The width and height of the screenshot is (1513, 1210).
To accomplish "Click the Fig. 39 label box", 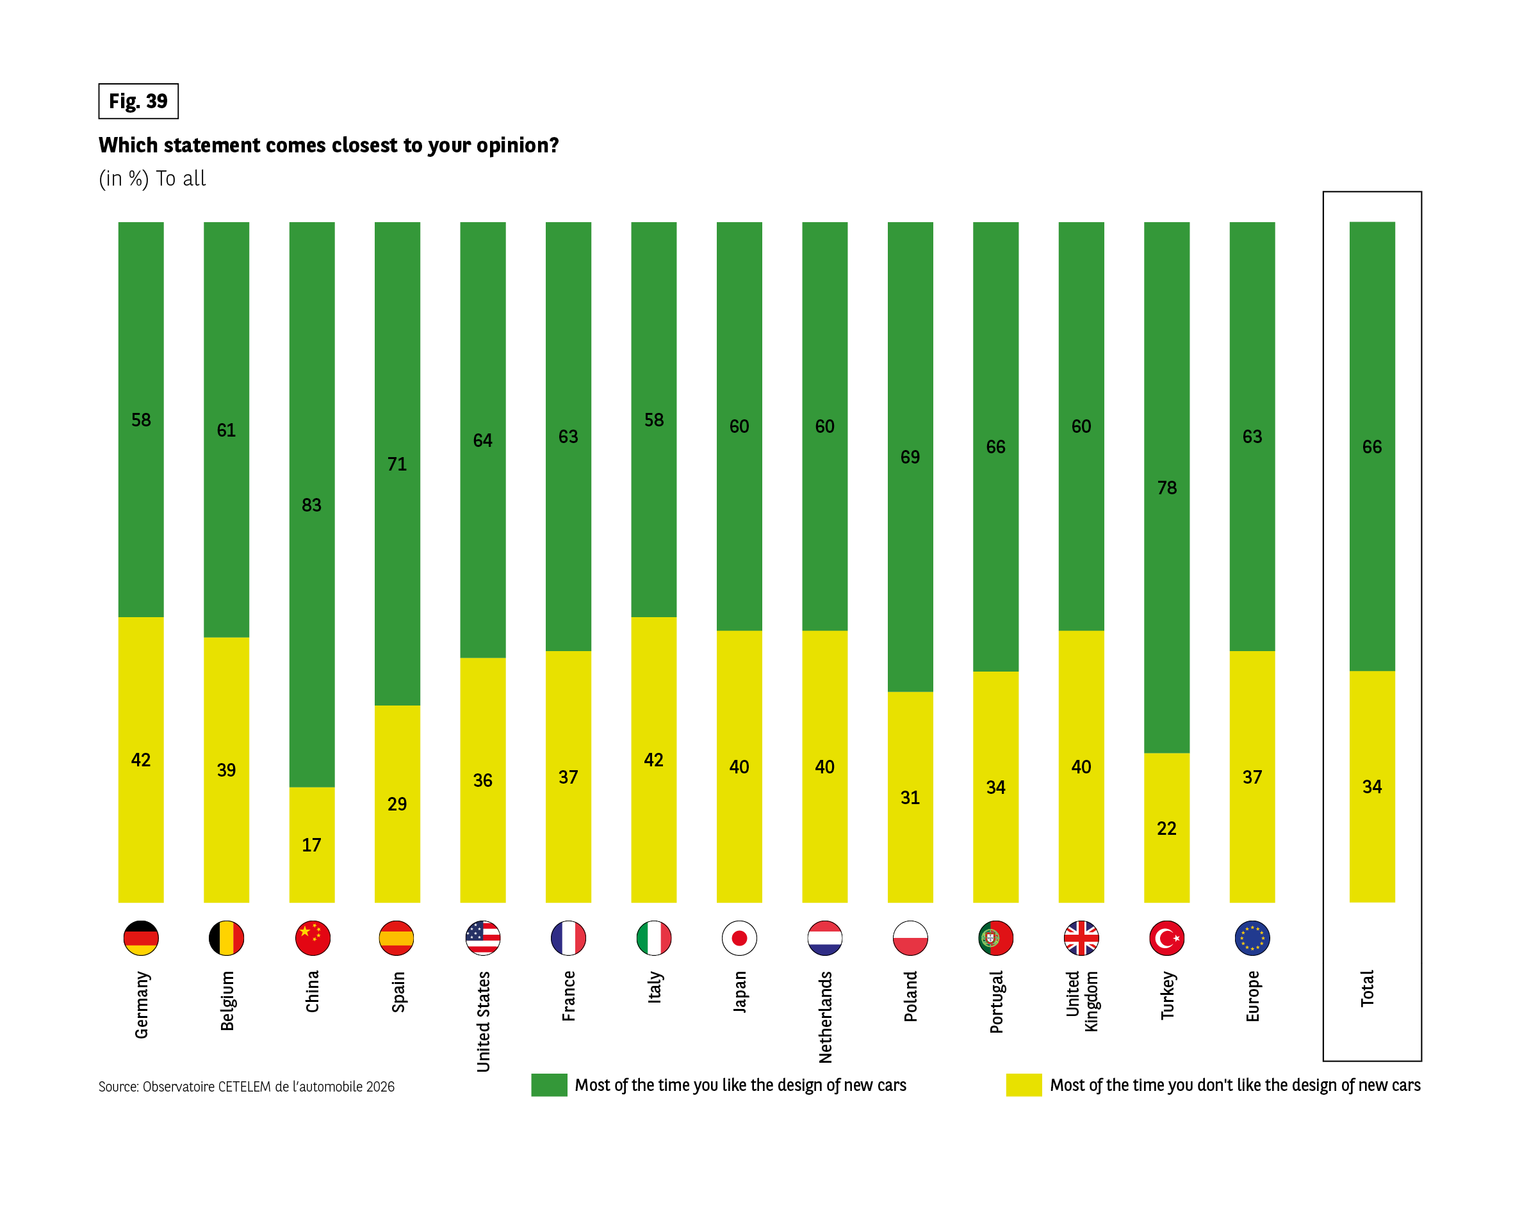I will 138,101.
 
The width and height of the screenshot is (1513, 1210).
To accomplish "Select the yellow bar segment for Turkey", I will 1166,863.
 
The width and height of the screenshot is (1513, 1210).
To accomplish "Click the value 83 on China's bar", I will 311,505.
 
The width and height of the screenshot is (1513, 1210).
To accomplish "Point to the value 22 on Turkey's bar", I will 1166,828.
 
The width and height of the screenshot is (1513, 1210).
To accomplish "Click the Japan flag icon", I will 739,938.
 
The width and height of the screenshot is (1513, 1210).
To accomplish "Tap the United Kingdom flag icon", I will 1081,938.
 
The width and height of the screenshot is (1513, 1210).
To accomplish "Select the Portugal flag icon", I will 995,938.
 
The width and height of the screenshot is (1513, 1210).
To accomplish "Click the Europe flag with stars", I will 1252,938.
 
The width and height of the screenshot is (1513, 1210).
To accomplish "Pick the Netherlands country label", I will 825,1017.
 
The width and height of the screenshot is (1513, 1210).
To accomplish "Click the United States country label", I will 483,1021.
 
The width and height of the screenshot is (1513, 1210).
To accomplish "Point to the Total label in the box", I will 1367,988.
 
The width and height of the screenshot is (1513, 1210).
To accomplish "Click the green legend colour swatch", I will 549,1085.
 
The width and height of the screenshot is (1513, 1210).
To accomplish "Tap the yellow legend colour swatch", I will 1023,1085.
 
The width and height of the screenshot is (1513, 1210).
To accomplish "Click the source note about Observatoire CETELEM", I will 247,1086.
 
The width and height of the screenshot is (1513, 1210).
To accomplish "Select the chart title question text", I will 329,145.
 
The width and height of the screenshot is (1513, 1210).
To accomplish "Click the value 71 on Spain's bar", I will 397,464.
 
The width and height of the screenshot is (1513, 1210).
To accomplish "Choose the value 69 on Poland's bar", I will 910,457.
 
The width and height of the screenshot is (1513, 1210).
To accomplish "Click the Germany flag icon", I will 141,938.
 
